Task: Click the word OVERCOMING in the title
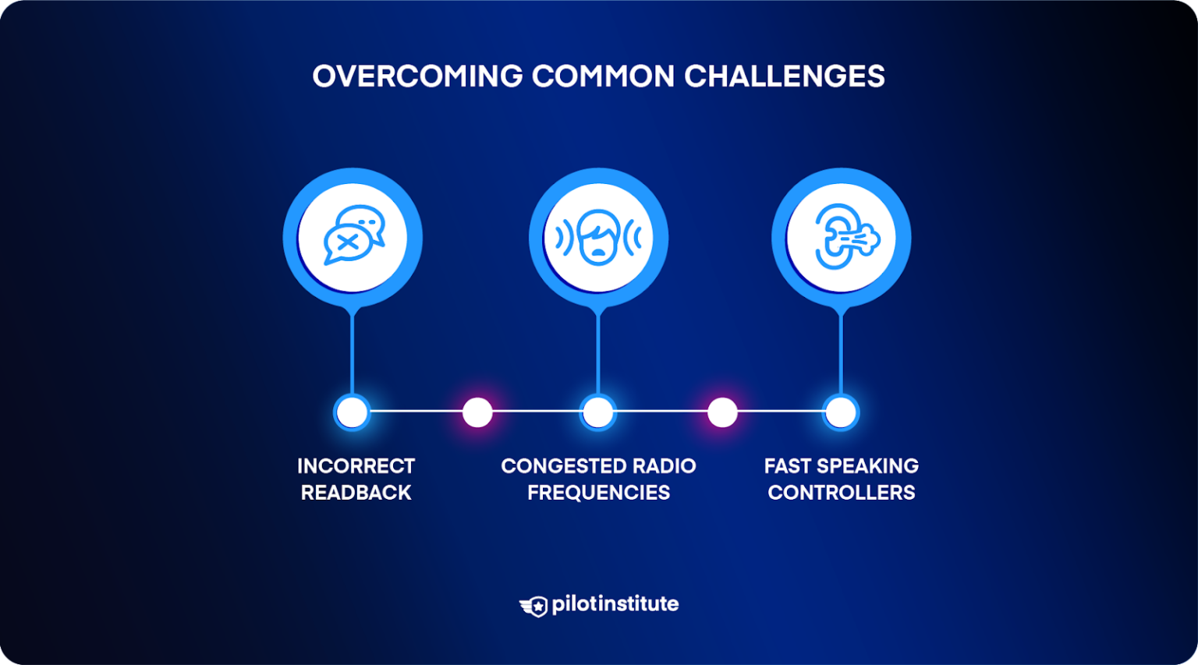coord(418,76)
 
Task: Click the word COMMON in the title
coord(603,76)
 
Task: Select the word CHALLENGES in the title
coord(785,76)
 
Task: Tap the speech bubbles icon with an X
coord(354,235)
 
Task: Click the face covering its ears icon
coord(598,237)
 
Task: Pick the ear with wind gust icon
coord(847,236)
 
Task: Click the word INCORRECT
coord(356,466)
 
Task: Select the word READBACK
coord(356,493)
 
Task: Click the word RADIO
coord(665,466)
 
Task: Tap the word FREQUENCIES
coord(598,493)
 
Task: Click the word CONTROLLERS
coord(842,493)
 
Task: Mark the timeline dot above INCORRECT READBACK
coord(352,412)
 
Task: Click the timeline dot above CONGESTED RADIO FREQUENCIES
coord(598,412)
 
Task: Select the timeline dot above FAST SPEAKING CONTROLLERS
coord(841,412)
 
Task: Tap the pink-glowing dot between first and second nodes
coord(477,412)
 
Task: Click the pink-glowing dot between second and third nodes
coord(722,412)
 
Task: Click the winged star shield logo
coord(533,607)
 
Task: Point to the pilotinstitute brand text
coord(615,604)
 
